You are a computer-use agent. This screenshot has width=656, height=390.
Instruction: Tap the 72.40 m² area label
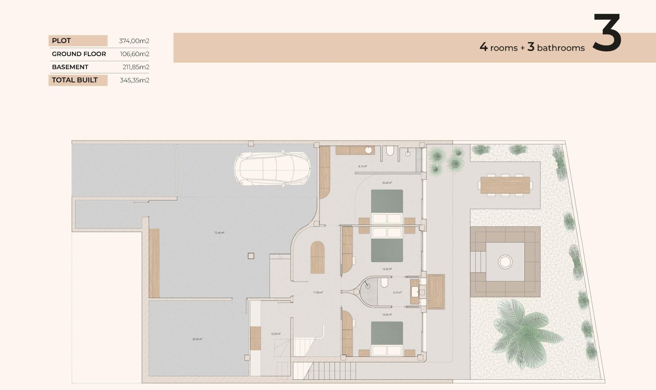click(219, 233)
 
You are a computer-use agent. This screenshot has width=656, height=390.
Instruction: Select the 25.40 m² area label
click(197, 339)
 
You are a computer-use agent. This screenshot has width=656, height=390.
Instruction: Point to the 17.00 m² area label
click(318, 292)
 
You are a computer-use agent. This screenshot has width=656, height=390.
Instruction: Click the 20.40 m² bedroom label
click(387, 183)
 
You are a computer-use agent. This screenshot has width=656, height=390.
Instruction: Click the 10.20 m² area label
click(275, 334)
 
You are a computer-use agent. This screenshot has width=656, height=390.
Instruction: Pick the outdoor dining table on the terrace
click(505, 185)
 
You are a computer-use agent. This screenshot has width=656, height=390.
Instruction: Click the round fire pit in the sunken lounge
click(505, 262)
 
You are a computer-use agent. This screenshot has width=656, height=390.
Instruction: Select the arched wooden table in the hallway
click(317, 257)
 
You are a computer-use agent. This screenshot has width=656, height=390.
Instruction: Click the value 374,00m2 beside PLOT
click(134, 41)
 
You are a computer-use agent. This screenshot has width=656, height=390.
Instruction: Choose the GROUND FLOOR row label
click(79, 54)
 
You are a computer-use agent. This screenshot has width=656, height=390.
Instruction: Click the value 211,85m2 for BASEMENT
click(136, 67)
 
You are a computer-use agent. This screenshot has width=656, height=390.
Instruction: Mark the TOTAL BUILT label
click(75, 80)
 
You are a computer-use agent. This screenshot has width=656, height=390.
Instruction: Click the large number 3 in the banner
click(607, 33)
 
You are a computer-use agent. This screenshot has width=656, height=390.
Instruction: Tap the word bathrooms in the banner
click(561, 48)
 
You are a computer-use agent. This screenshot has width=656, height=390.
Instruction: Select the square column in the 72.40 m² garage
click(251, 256)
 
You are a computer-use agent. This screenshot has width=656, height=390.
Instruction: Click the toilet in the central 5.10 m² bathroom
click(385, 283)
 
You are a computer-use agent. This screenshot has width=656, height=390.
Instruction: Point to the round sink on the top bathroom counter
click(368, 150)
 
